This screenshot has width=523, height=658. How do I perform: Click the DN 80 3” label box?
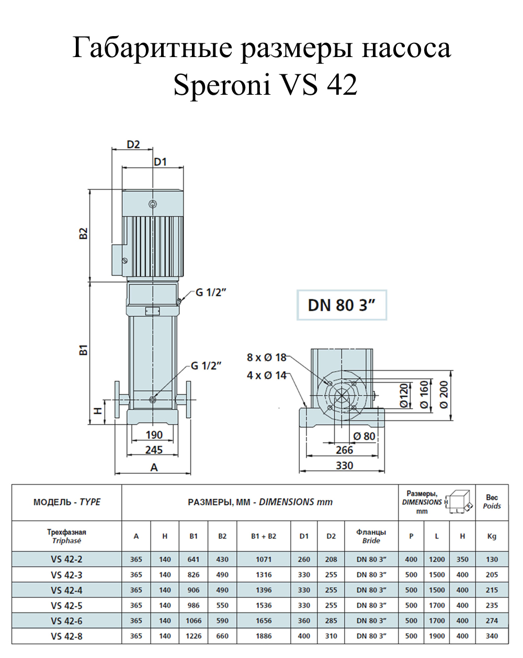pyautogui.click(x=342, y=305)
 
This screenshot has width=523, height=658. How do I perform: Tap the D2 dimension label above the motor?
pyautogui.click(x=133, y=144)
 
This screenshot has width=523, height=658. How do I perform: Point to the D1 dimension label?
pyautogui.click(x=160, y=162)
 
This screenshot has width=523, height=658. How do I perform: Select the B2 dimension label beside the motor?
pyautogui.click(x=83, y=233)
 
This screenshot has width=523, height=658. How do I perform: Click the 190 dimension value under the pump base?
pyautogui.click(x=154, y=435)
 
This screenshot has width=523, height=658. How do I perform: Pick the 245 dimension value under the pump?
pyautogui.click(x=154, y=450)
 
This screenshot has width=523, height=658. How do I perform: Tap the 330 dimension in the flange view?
pyautogui.click(x=344, y=465)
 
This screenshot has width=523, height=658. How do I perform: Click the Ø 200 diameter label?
pyautogui.click(x=444, y=394)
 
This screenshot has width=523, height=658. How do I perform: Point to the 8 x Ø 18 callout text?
pyautogui.click(x=266, y=357)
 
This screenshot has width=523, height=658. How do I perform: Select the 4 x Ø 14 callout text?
pyautogui.click(x=266, y=375)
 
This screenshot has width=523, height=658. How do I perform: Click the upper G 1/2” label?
pyautogui.click(x=210, y=293)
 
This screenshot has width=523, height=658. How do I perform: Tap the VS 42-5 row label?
pyautogui.click(x=66, y=605)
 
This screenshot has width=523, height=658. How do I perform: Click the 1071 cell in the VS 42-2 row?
pyautogui.click(x=264, y=559)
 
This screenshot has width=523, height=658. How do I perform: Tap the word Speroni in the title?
pyautogui.click(x=222, y=85)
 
